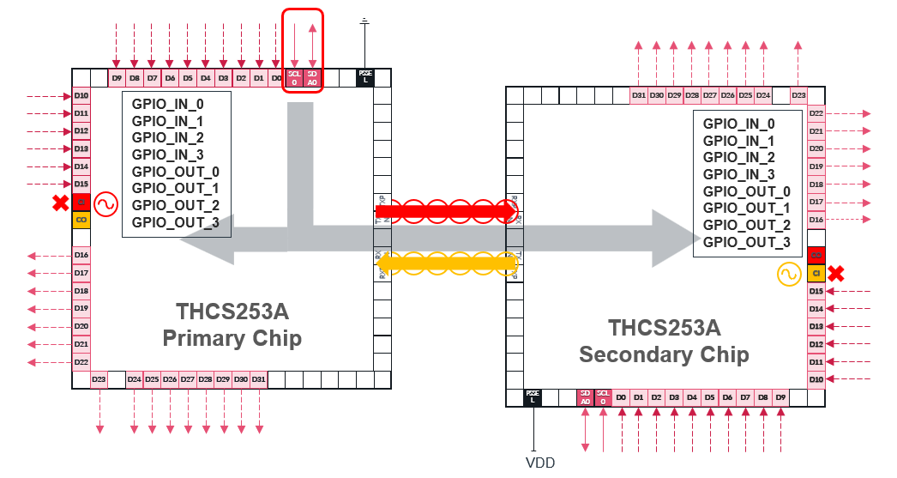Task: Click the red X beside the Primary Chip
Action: [60, 203]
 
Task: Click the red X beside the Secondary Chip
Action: [836, 274]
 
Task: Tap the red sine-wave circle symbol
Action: [105, 205]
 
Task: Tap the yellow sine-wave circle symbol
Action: [789, 275]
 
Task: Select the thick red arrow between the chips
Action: [442, 211]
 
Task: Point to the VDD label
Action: [540, 463]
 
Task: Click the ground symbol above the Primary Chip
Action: [365, 19]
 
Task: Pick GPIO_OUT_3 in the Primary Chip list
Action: [176, 223]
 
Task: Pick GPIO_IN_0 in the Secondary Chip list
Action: [738, 124]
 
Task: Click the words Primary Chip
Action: [232, 337]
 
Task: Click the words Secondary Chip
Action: [664, 354]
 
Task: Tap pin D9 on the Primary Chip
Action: [117, 78]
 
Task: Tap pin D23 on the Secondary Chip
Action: [798, 95]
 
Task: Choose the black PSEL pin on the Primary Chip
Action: [365, 77]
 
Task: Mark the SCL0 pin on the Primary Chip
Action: [294, 78]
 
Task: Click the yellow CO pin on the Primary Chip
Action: [81, 220]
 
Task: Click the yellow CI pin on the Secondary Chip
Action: [816, 274]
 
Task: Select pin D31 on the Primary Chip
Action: [258, 379]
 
